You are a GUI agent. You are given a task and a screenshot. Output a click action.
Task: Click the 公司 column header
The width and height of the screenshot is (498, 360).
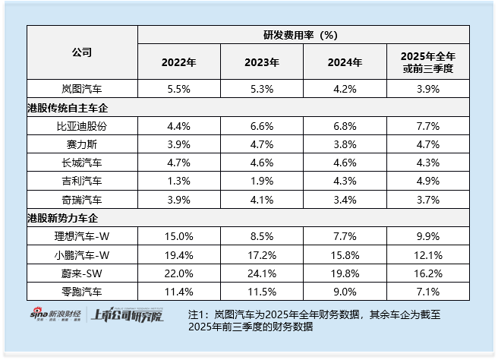pyautogui.click(x=82, y=52)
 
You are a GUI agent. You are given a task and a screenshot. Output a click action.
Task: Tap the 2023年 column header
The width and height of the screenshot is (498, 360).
pyautogui.click(x=262, y=62)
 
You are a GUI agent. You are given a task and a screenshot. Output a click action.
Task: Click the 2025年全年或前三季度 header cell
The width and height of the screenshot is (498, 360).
pyautogui.click(x=429, y=62)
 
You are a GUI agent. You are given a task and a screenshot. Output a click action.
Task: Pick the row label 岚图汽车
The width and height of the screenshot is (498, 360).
pyautogui.click(x=82, y=89)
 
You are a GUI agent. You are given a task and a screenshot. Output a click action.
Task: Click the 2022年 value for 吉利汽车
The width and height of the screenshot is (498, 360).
pyautogui.click(x=178, y=181)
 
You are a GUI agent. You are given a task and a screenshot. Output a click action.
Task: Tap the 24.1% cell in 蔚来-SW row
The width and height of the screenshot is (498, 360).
pyautogui.click(x=262, y=273)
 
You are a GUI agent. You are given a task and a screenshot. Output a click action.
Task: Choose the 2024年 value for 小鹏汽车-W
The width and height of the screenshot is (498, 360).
pyautogui.click(x=345, y=254)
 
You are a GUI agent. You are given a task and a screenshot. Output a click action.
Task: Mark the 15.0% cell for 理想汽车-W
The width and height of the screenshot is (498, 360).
pyautogui.click(x=178, y=236)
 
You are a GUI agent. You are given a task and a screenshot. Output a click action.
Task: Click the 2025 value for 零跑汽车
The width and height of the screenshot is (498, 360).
pyautogui.click(x=429, y=291)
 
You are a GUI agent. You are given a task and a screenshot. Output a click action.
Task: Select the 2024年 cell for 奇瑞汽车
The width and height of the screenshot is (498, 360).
pyautogui.click(x=345, y=199)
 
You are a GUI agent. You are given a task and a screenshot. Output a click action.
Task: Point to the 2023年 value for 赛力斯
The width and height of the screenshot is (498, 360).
pyautogui.click(x=262, y=144)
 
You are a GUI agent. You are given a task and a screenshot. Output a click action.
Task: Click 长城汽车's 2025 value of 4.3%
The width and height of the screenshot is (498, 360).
pyautogui.click(x=429, y=163)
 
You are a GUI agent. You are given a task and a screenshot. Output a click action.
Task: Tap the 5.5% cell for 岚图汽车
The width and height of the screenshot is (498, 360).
pyautogui.click(x=178, y=89)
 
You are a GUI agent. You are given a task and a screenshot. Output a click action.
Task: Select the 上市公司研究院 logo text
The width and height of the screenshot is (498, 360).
pyautogui.click(x=126, y=316)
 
